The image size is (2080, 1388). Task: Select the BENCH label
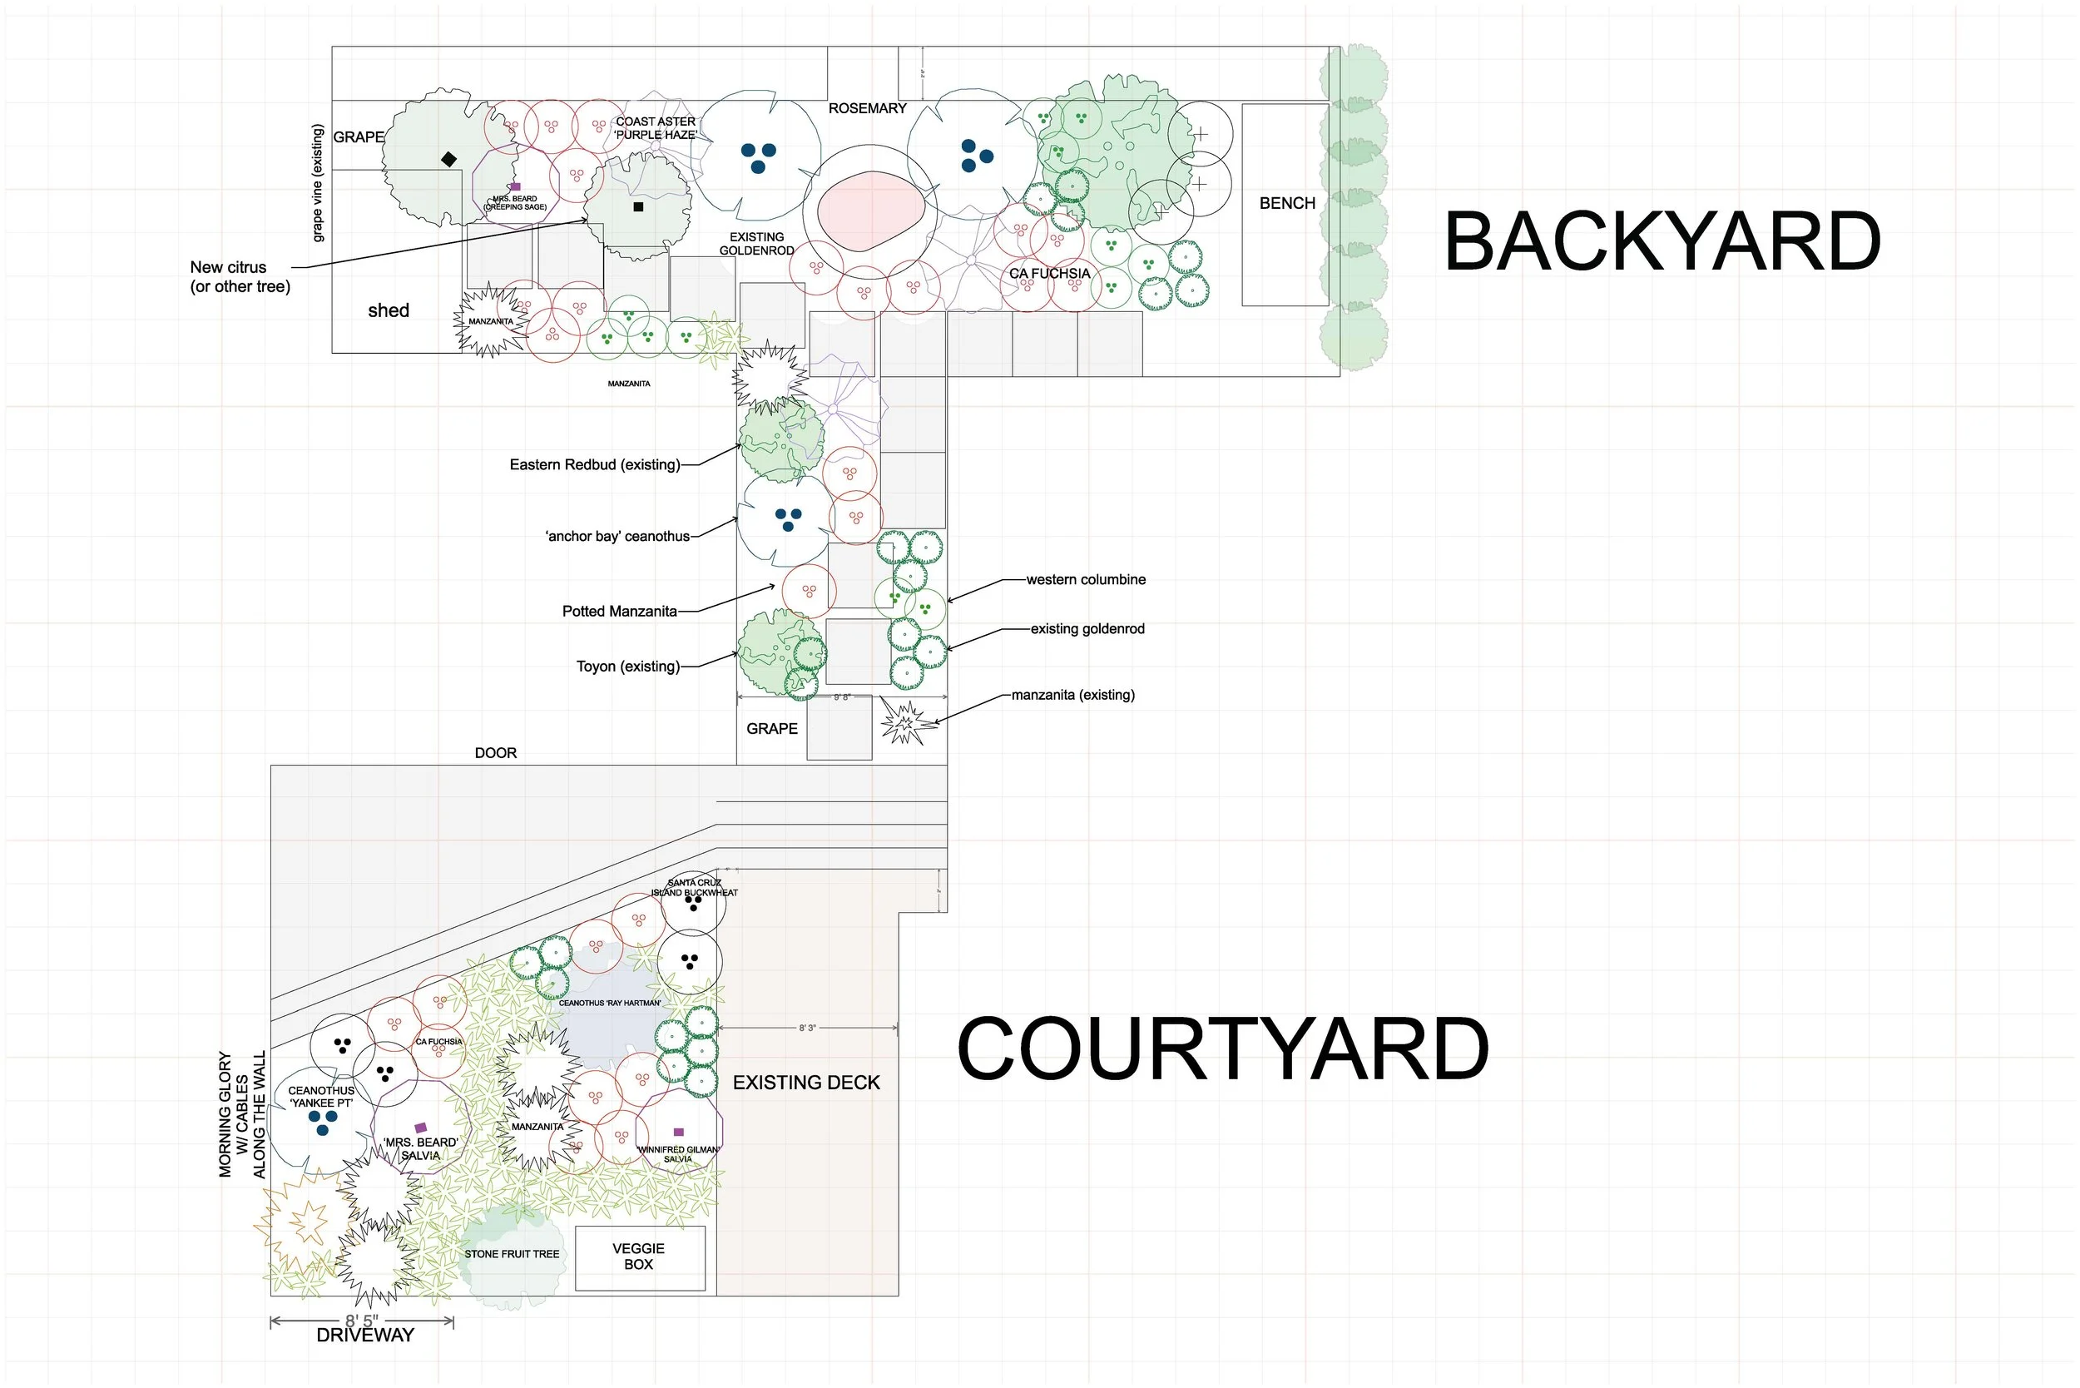(x=1287, y=204)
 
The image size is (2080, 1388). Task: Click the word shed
(x=389, y=310)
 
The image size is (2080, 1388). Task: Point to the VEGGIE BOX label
(x=638, y=1256)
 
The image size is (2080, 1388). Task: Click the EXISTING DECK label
(x=806, y=1083)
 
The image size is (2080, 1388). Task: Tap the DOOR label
(x=496, y=753)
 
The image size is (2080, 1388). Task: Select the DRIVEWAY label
(x=364, y=1335)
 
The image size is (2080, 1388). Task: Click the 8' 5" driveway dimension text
(x=361, y=1321)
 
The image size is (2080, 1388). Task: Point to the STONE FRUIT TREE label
(x=512, y=1254)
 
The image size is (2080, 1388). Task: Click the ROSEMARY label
(x=868, y=109)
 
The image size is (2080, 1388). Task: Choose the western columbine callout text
(x=1086, y=580)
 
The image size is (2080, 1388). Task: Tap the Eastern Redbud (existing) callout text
(x=595, y=464)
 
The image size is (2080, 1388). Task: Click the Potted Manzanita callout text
(x=620, y=612)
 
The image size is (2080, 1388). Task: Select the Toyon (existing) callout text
(x=627, y=667)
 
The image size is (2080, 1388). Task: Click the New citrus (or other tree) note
(x=240, y=277)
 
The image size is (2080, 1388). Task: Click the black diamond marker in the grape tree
(x=448, y=159)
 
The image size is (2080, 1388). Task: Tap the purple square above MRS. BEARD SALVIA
(x=421, y=1128)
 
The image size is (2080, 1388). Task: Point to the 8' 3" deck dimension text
(x=807, y=1029)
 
